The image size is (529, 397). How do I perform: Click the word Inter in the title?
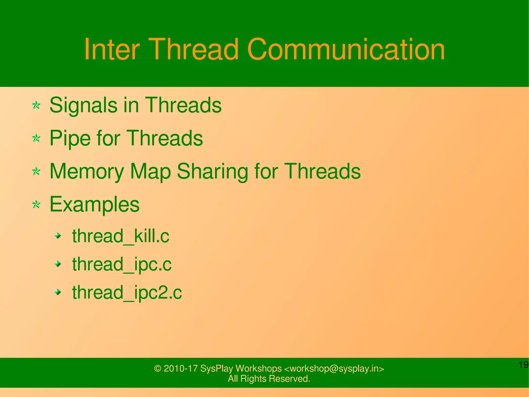point(112,49)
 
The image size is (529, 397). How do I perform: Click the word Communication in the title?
point(346,49)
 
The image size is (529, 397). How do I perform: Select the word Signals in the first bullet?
point(83,105)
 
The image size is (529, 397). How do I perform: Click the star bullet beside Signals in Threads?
point(36,105)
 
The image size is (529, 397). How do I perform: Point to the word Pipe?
point(70,138)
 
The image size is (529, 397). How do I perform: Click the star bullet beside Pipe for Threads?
point(36,138)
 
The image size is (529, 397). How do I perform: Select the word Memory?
point(87,171)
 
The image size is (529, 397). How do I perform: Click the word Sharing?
point(212,171)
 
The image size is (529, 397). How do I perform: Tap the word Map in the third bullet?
point(150,171)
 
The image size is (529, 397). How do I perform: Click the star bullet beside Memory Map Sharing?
point(36,171)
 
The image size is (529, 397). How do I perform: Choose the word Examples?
point(94,204)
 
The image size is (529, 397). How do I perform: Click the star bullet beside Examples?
point(36,204)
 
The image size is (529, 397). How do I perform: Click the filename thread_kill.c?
point(120,236)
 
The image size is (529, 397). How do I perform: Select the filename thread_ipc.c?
point(122,264)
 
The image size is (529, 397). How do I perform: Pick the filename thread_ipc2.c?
point(127,292)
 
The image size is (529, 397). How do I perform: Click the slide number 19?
point(524,365)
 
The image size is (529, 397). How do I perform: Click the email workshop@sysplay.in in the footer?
point(334,368)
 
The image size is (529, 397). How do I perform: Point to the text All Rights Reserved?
point(269,379)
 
